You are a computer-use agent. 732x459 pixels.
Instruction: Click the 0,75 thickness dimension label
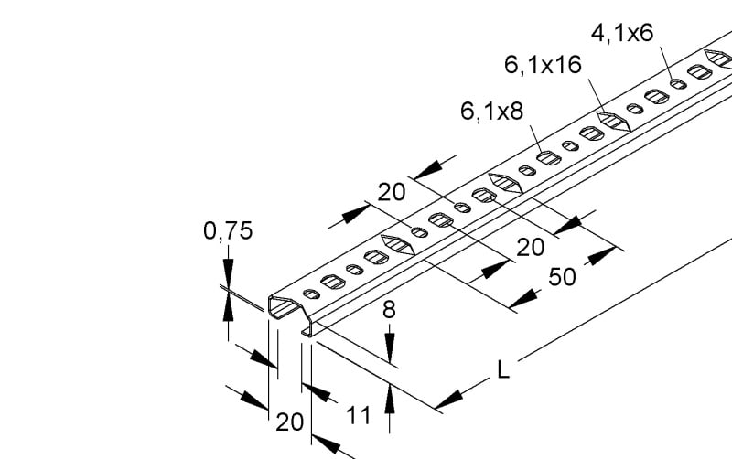click(228, 231)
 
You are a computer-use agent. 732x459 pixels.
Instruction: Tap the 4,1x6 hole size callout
click(622, 33)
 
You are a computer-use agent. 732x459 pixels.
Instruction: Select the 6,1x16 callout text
click(543, 64)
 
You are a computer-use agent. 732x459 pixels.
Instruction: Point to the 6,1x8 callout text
click(491, 112)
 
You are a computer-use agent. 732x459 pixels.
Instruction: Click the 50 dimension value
click(562, 277)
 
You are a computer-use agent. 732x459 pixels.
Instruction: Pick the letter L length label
click(502, 370)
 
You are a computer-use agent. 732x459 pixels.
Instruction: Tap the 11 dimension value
click(359, 415)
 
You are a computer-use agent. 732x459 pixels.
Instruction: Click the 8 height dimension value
click(389, 309)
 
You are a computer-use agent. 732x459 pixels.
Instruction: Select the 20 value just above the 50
click(531, 247)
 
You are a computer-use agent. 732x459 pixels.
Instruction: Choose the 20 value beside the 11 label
click(289, 422)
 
